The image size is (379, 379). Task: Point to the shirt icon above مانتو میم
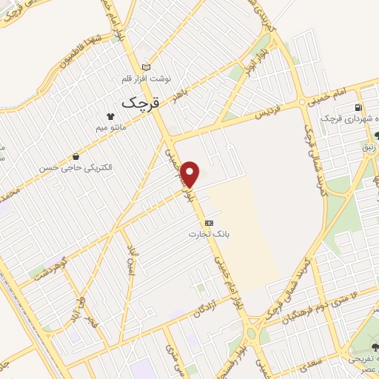[x=111, y=116]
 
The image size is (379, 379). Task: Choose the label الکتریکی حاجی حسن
[x=77, y=168]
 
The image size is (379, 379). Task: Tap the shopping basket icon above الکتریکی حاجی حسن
[x=77, y=156]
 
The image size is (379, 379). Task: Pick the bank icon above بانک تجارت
[x=209, y=221]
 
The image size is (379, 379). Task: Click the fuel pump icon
[x=359, y=107]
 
